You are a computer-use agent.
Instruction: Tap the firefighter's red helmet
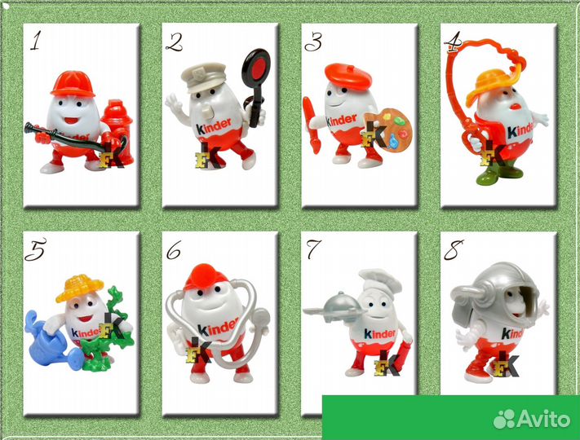(73, 84)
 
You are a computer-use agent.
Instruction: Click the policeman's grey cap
(202, 77)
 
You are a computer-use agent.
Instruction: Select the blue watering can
(51, 340)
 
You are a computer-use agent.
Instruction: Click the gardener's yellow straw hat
(79, 288)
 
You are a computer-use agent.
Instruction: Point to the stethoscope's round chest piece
(262, 317)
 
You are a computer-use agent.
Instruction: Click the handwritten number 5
(36, 249)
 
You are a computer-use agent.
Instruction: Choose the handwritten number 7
(313, 249)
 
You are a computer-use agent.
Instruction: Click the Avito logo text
(543, 419)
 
